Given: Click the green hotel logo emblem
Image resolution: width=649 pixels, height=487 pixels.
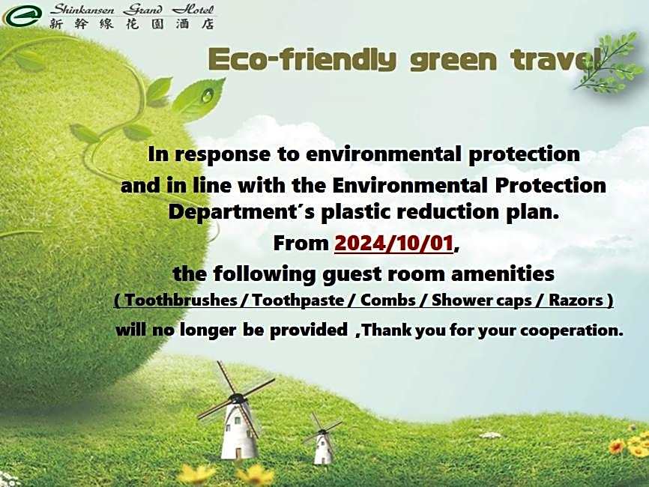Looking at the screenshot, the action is [22, 15].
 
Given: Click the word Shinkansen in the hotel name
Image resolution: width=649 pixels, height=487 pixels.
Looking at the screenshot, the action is [82, 9].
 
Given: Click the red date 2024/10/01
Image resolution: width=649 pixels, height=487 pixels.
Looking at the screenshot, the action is [394, 243].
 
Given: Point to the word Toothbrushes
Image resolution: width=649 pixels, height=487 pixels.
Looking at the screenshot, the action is [181, 300].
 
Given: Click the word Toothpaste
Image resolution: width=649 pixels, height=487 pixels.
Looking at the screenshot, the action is [298, 300].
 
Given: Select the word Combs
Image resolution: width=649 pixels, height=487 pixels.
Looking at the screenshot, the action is [388, 300].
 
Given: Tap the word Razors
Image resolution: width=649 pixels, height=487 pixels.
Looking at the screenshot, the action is [576, 300].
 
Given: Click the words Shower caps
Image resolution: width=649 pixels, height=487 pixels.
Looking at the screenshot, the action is [481, 300].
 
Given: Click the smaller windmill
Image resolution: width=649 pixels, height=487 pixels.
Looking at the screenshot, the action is [322, 440].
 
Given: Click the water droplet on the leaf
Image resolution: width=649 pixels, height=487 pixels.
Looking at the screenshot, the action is [207, 96].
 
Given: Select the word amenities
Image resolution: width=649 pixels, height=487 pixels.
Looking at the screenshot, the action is [502, 274].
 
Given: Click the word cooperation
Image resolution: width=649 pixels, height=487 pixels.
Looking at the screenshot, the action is [571, 330].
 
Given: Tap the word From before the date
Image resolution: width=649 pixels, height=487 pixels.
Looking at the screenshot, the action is [301, 243].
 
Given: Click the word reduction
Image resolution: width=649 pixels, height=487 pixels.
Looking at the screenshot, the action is [448, 212].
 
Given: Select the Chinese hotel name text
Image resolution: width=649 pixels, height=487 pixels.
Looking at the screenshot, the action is [132, 23].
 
